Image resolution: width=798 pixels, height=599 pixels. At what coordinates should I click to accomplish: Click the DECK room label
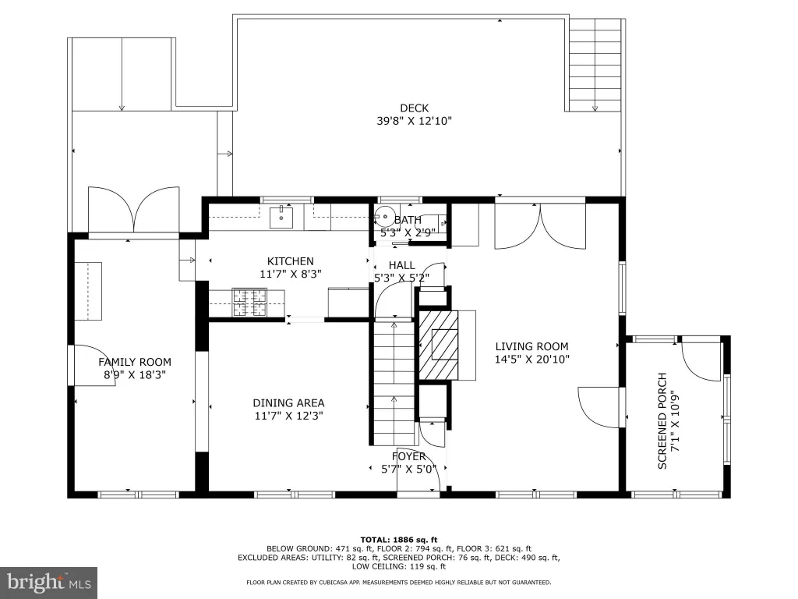tap(415, 108)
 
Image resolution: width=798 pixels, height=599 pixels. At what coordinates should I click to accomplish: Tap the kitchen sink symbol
tap(281, 218)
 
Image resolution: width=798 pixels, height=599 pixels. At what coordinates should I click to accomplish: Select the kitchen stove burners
tap(249, 303)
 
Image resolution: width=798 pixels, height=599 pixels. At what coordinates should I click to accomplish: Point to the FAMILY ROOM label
tap(135, 362)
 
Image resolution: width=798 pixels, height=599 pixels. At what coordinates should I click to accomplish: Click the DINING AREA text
tap(288, 403)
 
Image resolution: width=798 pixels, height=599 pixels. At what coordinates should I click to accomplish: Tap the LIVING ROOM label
tap(531, 346)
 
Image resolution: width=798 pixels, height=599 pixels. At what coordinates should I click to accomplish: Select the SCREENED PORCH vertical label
tap(662, 420)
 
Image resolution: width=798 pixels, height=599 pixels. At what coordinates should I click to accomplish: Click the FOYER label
tap(408, 456)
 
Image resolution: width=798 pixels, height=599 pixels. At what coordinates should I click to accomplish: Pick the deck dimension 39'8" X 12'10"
tap(415, 121)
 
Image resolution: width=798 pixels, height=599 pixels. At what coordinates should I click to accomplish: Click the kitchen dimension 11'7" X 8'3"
tap(291, 274)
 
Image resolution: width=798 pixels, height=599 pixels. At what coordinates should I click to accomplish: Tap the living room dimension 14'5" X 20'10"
tap(531, 359)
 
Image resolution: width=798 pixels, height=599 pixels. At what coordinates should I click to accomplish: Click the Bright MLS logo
tap(49, 582)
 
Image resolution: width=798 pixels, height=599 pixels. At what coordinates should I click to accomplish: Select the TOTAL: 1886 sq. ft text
tap(399, 540)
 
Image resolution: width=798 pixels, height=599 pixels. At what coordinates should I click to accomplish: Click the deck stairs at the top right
tap(595, 66)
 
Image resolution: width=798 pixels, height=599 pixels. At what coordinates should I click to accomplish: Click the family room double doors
tap(134, 210)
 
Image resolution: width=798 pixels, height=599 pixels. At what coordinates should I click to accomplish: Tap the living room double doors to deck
tap(540, 226)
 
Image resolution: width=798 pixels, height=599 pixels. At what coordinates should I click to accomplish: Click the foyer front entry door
tap(418, 478)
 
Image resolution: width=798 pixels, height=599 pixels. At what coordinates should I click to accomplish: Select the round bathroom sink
tap(383, 214)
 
